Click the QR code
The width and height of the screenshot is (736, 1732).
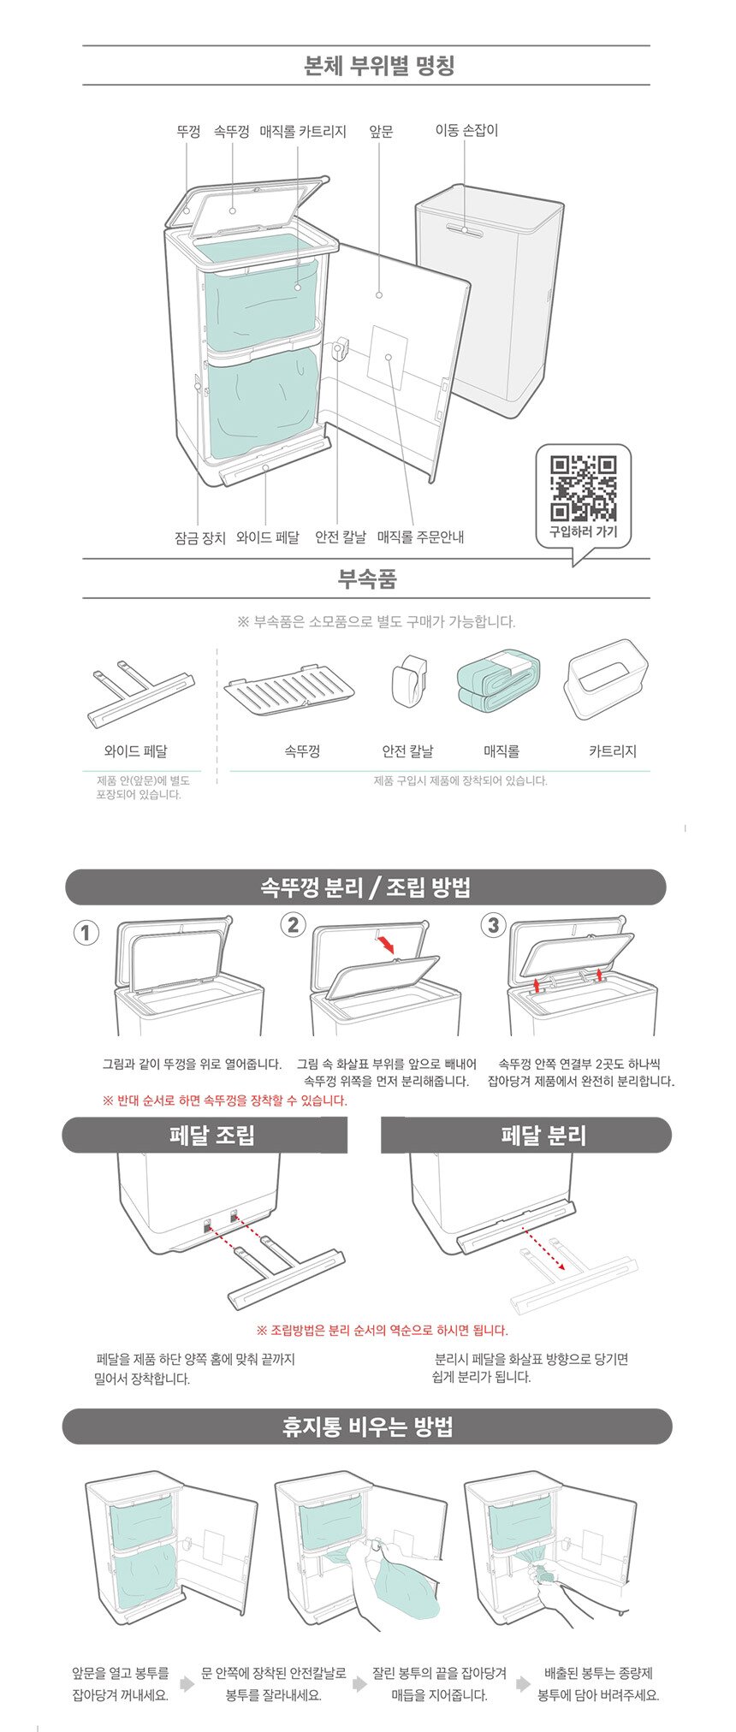coord(584,489)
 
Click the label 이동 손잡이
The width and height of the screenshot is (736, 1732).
coord(466,130)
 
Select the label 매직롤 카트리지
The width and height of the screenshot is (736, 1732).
coord(303,131)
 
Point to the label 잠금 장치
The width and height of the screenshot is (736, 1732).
coord(200,537)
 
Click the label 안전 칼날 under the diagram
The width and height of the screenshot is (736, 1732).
coord(341,537)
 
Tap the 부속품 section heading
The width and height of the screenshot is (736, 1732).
coord(367,579)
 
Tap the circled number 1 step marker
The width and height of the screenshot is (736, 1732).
coord(86,932)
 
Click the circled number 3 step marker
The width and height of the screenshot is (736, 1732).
coord(494,925)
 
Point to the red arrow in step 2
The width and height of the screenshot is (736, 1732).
coord(387,943)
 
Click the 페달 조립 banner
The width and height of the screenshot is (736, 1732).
coord(205,1136)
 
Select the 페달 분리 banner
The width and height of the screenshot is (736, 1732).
coord(526,1136)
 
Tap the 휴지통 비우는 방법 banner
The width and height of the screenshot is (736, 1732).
coord(367,1427)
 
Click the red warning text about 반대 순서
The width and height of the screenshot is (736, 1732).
coord(225,1100)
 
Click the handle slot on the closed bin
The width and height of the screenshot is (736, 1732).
coord(465,229)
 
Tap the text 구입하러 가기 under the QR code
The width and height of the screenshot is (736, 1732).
coord(583,532)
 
